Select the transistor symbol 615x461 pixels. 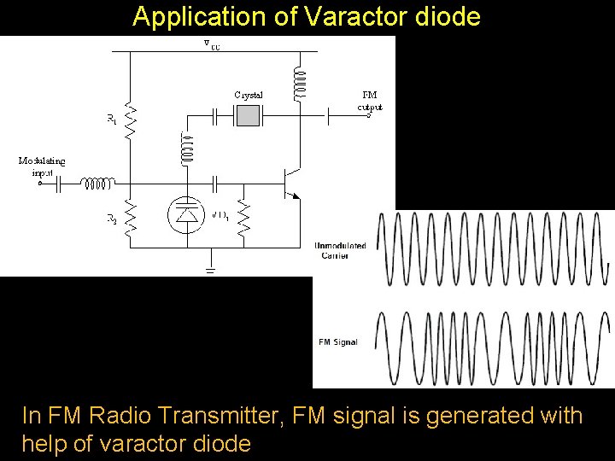pyautogui.click(x=290, y=181)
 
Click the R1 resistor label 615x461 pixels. pyautogui.click(x=112, y=121)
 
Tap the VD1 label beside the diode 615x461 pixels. pyautogui.click(x=219, y=215)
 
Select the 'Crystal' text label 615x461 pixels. pyautogui.click(x=248, y=94)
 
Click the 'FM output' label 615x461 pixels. pyautogui.click(x=370, y=101)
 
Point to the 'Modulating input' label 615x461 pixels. pyautogui.click(x=41, y=166)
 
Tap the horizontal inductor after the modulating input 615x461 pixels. pyautogui.click(x=97, y=182)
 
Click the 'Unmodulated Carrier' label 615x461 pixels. pyautogui.click(x=340, y=250)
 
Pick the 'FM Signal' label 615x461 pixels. pyautogui.click(x=337, y=342)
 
